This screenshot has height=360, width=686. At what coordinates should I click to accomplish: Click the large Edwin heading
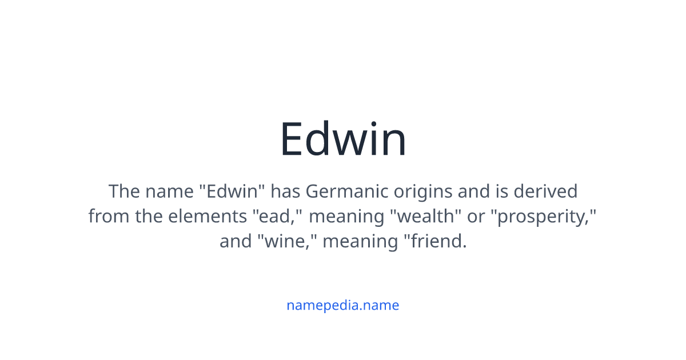(343, 140)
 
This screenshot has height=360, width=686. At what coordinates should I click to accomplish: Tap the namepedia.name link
(343, 305)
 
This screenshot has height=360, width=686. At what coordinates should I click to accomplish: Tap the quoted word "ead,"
(277, 216)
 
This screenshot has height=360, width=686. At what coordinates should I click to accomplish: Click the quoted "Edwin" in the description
(234, 191)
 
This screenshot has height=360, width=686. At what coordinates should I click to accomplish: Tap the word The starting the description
(124, 191)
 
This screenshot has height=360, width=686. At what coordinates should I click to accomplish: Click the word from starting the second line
(109, 216)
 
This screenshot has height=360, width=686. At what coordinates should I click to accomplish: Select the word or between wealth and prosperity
(476, 216)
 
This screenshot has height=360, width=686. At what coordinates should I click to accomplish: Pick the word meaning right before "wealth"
(346, 216)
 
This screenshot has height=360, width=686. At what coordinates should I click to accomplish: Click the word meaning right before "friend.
(360, 241)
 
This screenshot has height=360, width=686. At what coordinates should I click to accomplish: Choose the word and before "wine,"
(236, 241)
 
